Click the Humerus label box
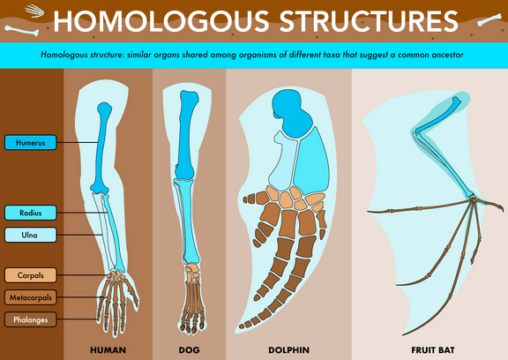click(x=31, y=143)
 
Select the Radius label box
click(x=31, y=213)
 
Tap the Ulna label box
click(x=31, y=235)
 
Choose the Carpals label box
click(x=31, y=275)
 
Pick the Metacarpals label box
click(x=31, y=297)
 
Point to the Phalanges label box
click(x=31, y=319)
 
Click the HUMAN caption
click(x=108, y=350)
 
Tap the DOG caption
click(x=190, y=350)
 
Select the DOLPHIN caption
click(x=288, y=350)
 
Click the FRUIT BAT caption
click(x=433, y=350)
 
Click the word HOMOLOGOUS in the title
click(x=161, y=21)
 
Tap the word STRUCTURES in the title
click(x=369, y=21)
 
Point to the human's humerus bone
click(x=102, y=147)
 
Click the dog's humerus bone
click(x=186, y=134)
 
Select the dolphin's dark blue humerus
click(x=291, y=112)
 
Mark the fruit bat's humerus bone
click(x=438, y=115)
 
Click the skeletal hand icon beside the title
click(x=34, y=11)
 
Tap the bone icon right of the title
click(x=489, y=20)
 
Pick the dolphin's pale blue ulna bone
click(x=283, y=162)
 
